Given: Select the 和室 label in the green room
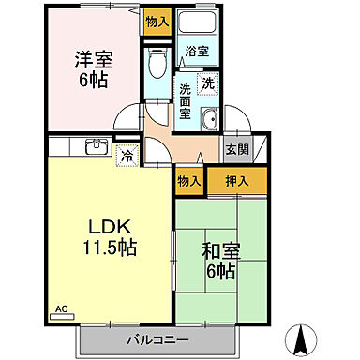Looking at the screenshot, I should click(221, 251).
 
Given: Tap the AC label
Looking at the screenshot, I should click(62, 308).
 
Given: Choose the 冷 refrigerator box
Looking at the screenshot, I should click(124, 154).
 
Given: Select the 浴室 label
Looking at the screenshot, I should click(196, 51).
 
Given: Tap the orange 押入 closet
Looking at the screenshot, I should click(236, 180).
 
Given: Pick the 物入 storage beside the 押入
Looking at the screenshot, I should click(189, 180).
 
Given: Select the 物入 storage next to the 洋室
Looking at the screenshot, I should click(157, 21).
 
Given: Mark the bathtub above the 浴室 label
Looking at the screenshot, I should click(199, 25).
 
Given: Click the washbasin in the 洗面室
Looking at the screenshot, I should click(210, 118).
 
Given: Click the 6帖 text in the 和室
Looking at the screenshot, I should click(221, 272).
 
